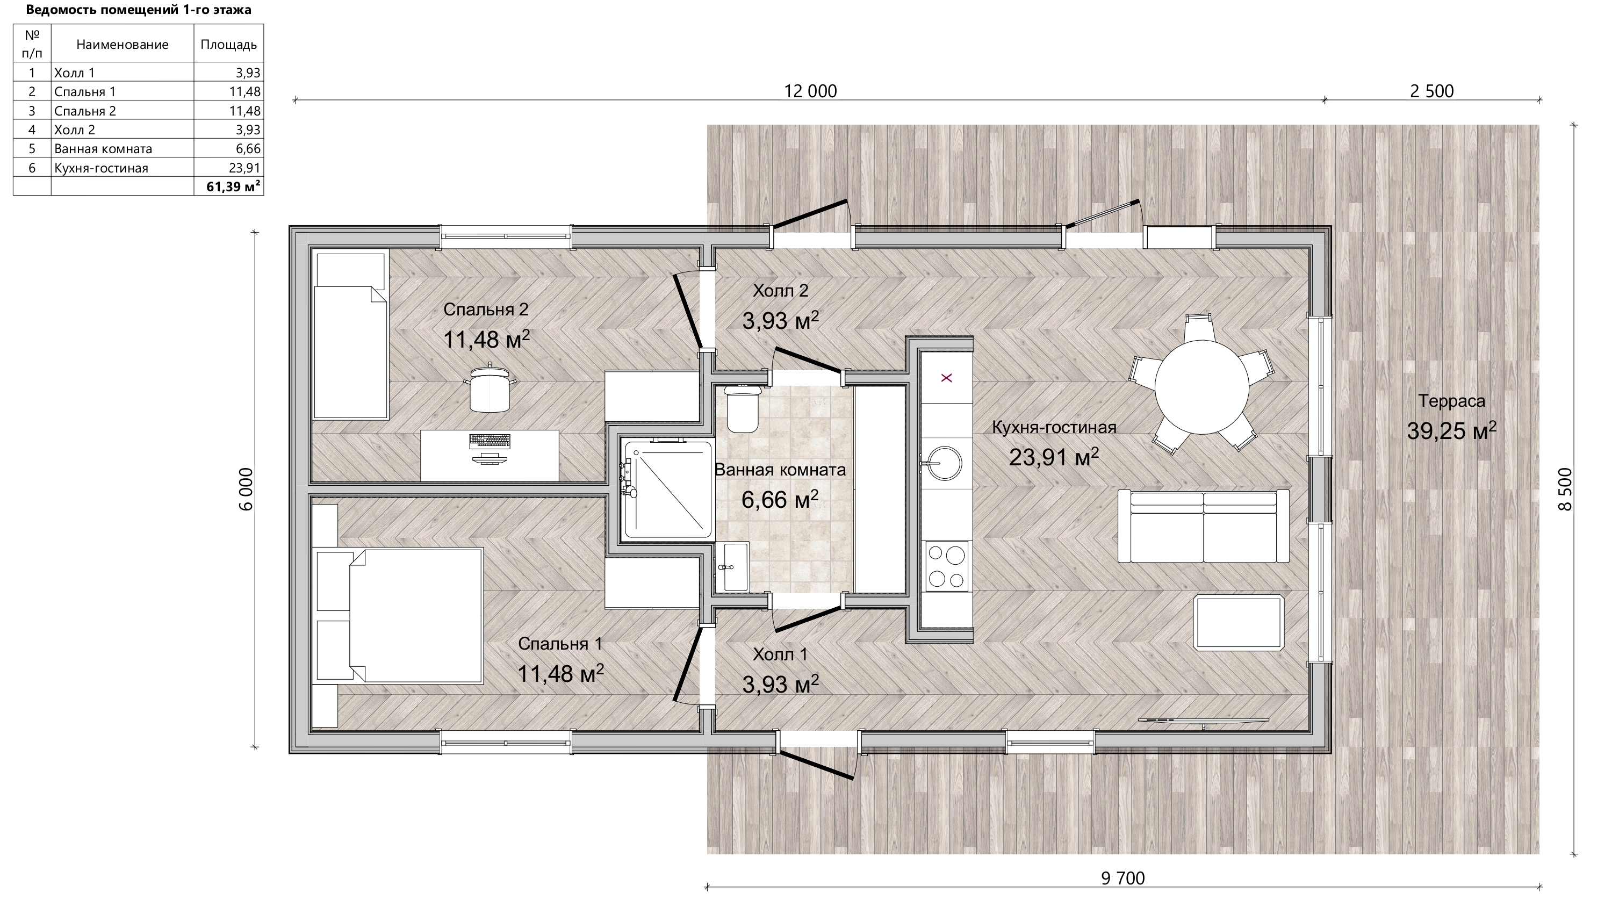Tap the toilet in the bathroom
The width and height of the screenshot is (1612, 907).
click(x=742, y=408)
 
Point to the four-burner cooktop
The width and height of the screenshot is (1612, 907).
click(x=946, y=566)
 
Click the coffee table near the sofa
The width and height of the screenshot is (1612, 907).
click(x=1239, y=623)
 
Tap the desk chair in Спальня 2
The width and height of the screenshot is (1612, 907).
click(x=491, y=388)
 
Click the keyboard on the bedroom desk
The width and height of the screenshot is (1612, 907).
click(x=489, y=441)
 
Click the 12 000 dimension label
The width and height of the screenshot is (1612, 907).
click(x=810, y=91)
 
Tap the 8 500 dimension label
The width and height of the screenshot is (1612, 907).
click(x=1564, y=490)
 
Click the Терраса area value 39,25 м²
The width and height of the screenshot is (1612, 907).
click(x=1452, y=430)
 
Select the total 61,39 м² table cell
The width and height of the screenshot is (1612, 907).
click(x=228, y=186)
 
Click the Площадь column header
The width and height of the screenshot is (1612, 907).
click(x=228, y=45)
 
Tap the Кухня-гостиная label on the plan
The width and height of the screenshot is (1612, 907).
click(x=1054, y=428)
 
